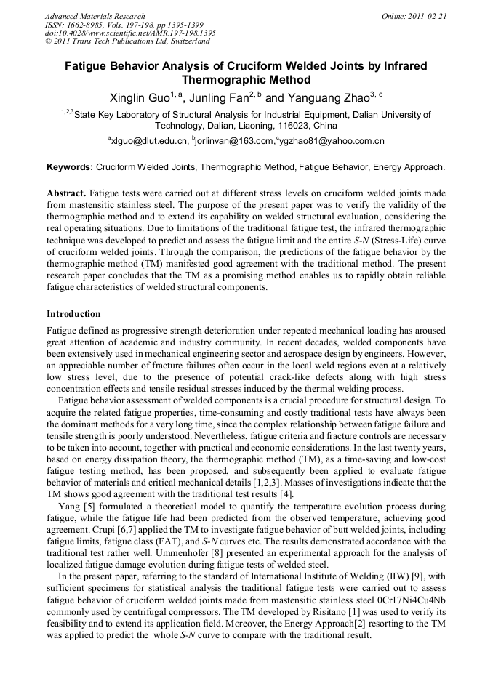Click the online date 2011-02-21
[428, 16]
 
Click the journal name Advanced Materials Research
[95, 16]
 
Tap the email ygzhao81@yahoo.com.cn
[332, 141]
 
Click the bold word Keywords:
[71, 167]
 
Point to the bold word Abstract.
[67, 194]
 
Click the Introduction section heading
[73, 314]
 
